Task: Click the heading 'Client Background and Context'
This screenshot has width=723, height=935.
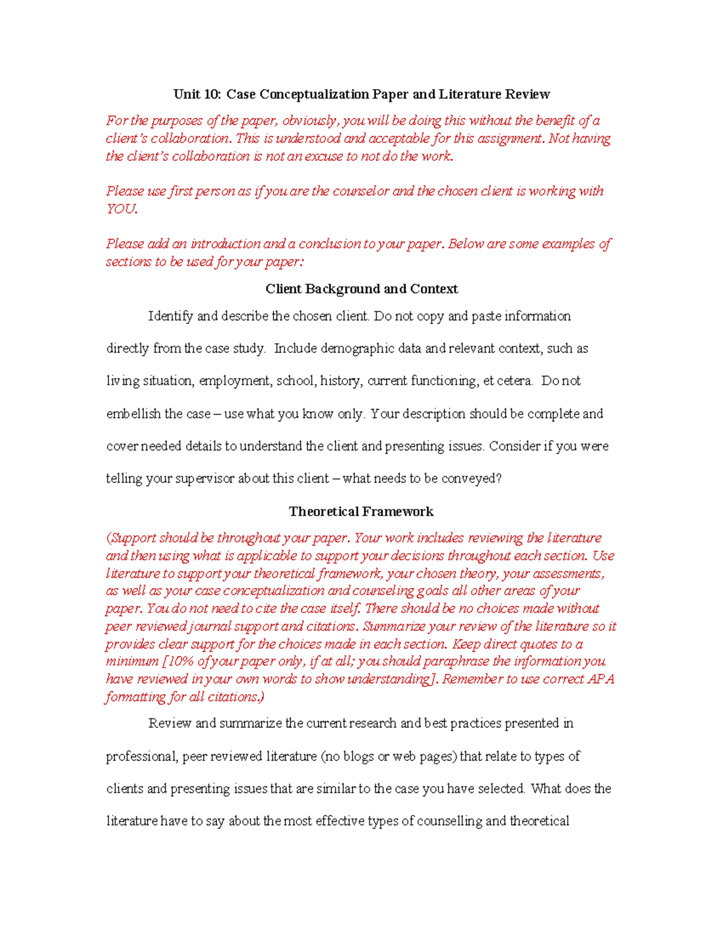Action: (x=361, y=289)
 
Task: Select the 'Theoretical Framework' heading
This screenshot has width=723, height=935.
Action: (x=361, y=512)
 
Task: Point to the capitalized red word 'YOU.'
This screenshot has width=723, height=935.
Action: (x=122, y=209)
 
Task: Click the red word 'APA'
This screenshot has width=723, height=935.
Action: (x=601, y=679)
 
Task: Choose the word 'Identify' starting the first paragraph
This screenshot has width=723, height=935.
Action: (x=171, y=317)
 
